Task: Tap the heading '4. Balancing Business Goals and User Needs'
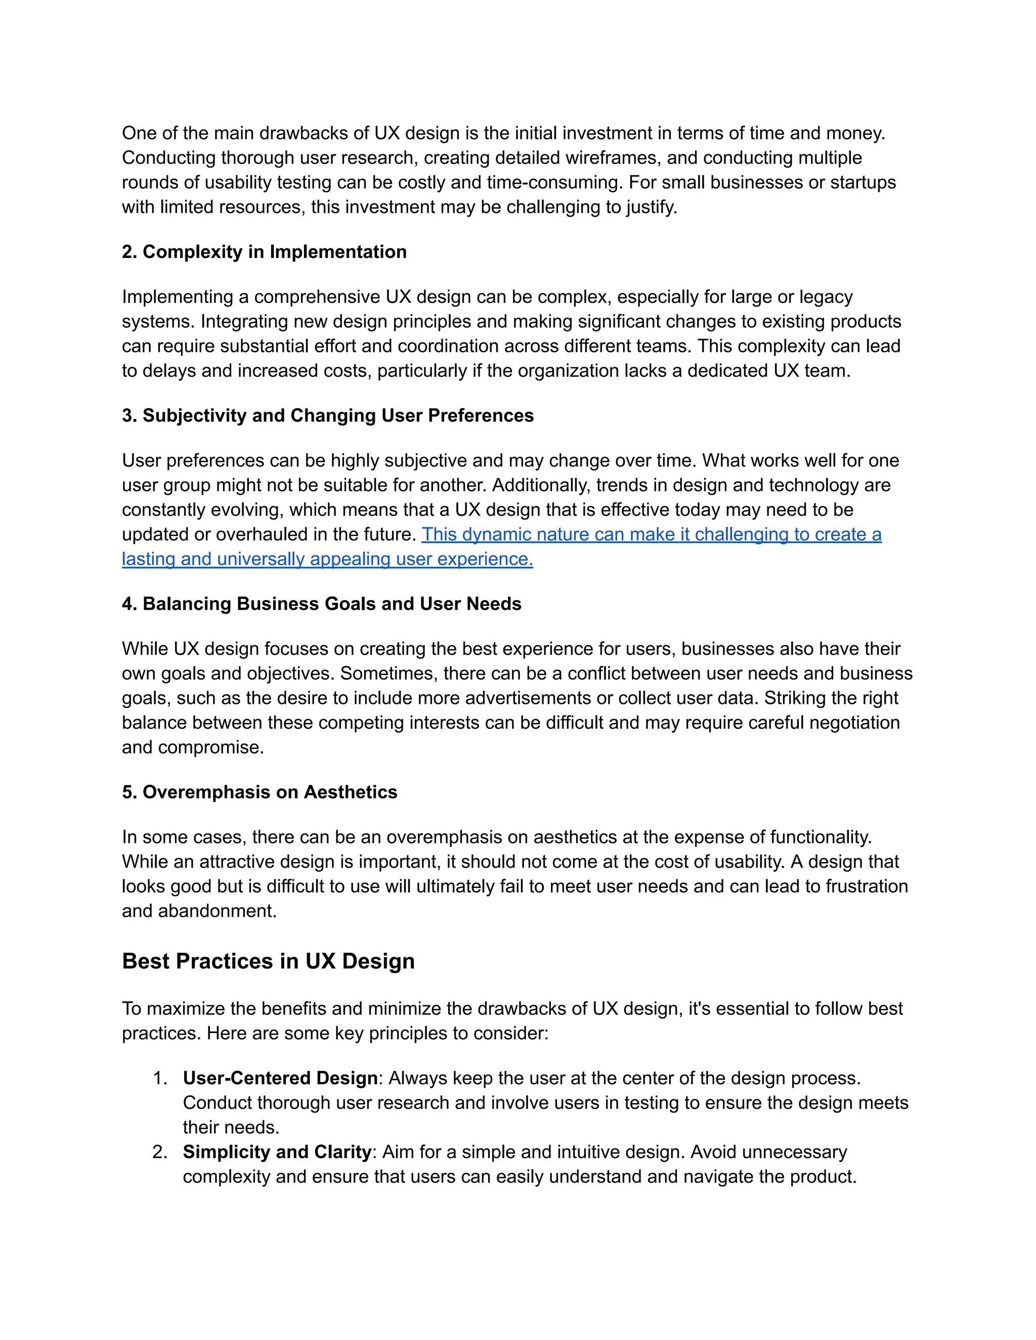pos(322,604)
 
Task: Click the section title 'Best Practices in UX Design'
pos(268,961)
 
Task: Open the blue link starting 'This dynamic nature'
pos(651,534)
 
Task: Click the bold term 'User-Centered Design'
pos(280,1078)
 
